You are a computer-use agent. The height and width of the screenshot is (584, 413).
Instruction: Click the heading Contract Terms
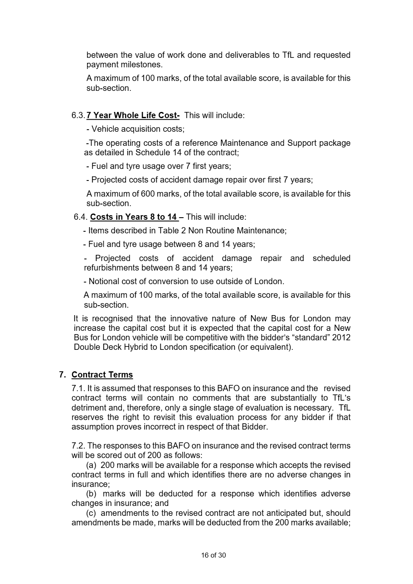102,375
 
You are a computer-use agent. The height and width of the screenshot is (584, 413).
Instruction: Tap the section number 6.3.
78,115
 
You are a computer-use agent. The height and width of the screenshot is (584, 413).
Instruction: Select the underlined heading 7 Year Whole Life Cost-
133,115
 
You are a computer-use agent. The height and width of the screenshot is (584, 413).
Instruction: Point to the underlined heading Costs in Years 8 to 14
133,217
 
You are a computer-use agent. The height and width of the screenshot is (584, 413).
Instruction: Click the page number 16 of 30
214,555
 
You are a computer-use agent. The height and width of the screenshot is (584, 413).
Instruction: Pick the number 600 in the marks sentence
148,194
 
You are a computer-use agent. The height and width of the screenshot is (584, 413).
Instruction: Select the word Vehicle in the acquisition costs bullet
105,129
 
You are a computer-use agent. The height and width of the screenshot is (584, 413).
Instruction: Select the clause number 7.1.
78,388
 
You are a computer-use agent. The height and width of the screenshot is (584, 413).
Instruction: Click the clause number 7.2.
78,446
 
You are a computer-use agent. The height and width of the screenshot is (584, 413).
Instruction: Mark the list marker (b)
91,494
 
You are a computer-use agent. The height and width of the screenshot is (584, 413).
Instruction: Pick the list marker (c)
91,513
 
